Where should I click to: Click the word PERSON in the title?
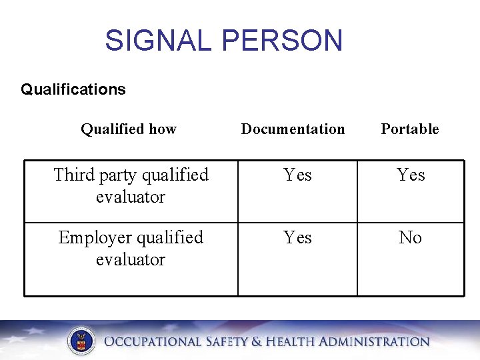[x=282, y=41]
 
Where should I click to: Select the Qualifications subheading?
[x=73, y=89]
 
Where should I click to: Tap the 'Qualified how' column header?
[x=129, y=129]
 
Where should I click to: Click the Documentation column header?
[x=293, y=129]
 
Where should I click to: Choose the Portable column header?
[x=409, y=129]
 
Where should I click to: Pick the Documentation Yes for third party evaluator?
[x=297, y=175]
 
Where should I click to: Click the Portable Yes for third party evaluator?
[x=411, y=175]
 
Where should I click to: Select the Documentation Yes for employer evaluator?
[x=297, y=238]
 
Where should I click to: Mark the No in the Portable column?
[x=410, y=238]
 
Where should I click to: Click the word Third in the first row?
[x=75, y=175]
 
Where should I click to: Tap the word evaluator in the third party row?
[x=131, y=197]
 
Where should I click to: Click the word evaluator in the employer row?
[x=131, y=260]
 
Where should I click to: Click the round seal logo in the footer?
[x=81, y=342]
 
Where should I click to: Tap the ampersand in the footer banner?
[x=257, y=342]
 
